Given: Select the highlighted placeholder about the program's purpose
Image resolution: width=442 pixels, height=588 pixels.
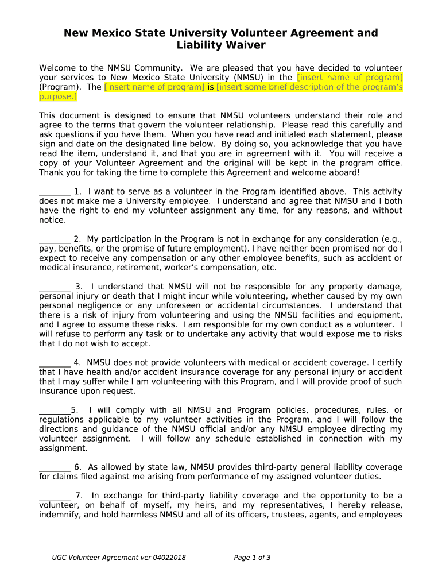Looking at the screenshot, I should pyautogui.click(x=309, y=87).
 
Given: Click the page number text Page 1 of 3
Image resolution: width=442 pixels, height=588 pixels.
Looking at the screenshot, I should pyautogui.click(x=253, y=558).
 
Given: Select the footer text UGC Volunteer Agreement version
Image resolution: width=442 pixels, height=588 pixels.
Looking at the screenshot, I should pyautogui.click(x=119, y=558).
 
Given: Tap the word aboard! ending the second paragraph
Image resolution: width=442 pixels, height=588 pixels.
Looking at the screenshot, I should pyautogui.click(x=344, y=172).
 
